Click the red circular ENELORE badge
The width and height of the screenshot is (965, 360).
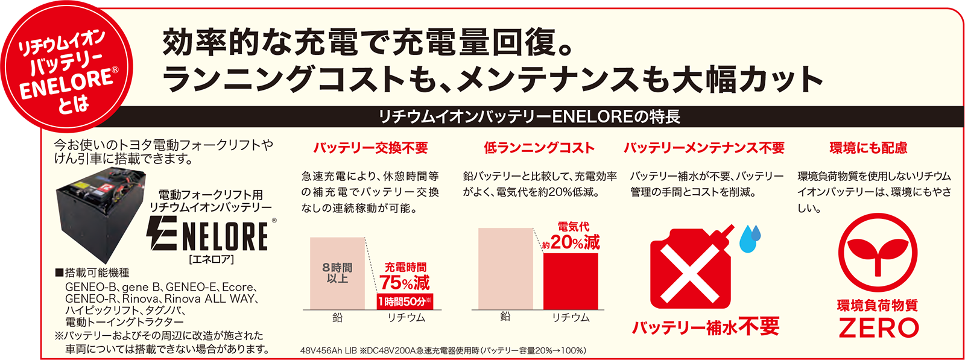(67, 67)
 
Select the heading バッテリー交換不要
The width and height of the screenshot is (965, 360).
(370, 148)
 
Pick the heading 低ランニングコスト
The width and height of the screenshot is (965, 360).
(539, 148)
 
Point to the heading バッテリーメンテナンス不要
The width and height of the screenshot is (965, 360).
(704, 148)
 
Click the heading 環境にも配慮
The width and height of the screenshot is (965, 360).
(868, 148)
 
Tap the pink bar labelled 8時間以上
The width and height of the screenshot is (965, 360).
(337, 273)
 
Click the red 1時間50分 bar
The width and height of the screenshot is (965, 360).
(405, 302)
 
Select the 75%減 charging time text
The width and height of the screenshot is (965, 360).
(405, 282)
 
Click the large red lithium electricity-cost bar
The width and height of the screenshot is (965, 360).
(571, 281)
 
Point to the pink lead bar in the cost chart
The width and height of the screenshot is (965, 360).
(505, 269)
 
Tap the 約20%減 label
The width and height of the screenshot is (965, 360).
(571, 243)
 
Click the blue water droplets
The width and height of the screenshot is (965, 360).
(750, 238)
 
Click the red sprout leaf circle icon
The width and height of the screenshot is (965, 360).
(878, 253)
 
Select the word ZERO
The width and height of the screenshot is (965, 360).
(878, 328)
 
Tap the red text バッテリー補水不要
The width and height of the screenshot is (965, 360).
(705, 326)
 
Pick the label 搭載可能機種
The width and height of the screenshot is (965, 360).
(93, 273)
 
